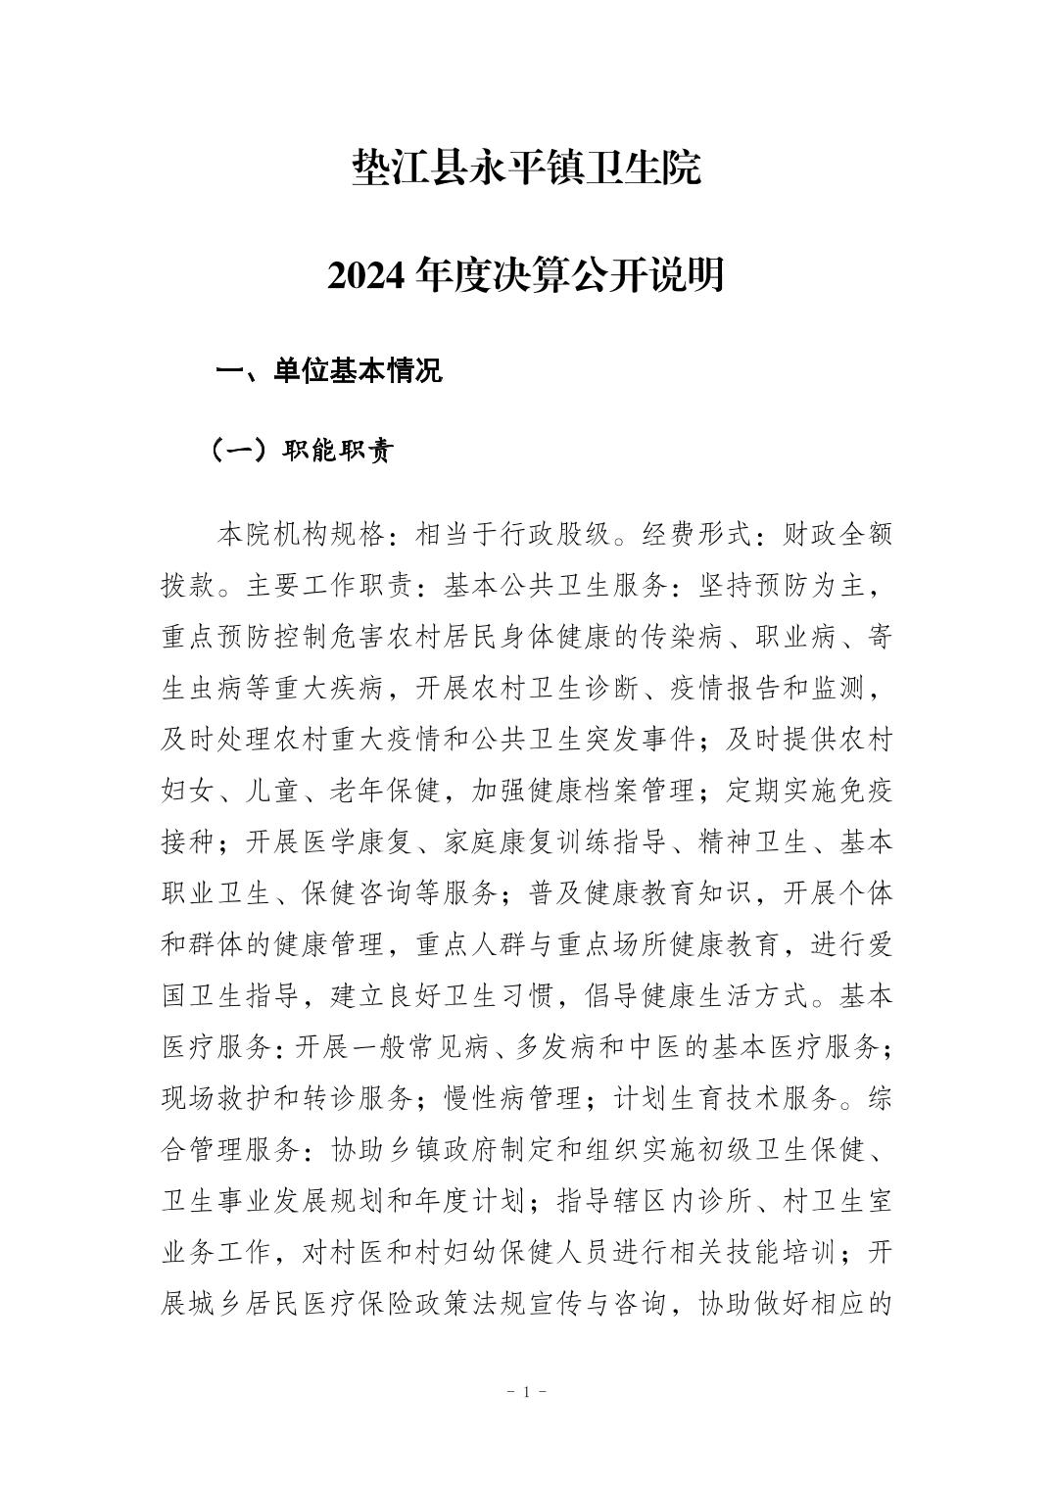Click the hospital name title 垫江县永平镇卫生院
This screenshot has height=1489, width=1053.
click(526, 168)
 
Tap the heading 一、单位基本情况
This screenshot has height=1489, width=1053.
click(329, 371)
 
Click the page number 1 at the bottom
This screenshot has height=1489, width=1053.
click(526, 1391)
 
